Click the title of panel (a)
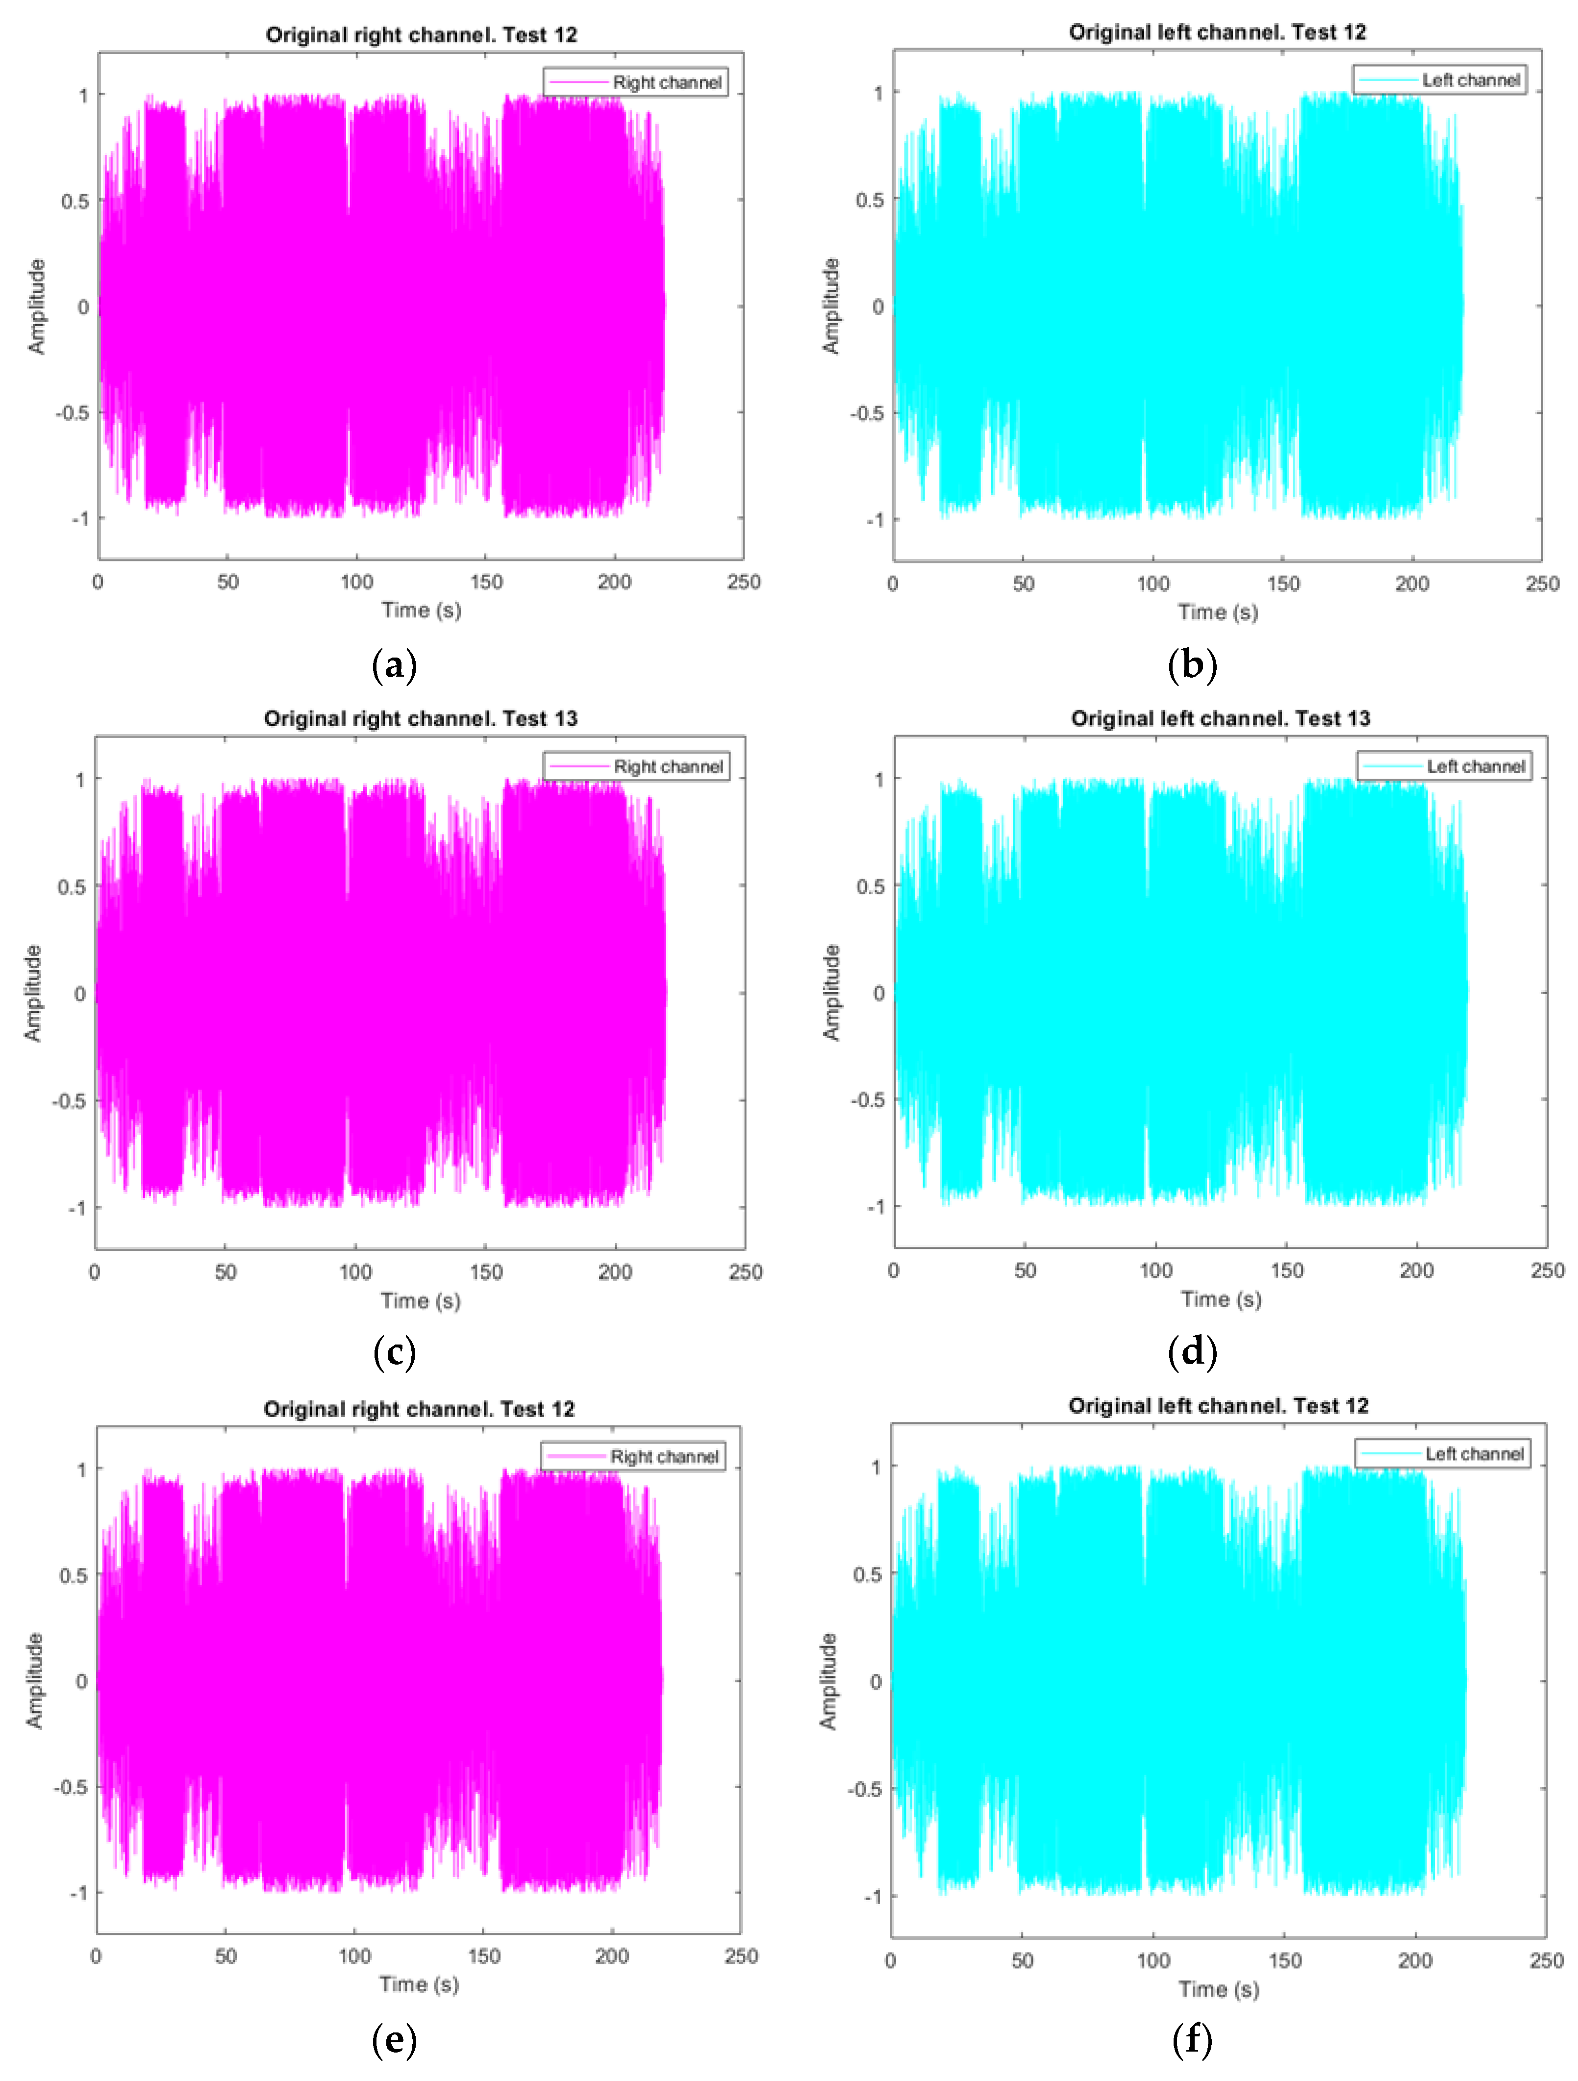click(421, 35)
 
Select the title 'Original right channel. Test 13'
click(421, 719)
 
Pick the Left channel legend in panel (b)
click(1439, 80)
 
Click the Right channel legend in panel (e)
click(633, 1456)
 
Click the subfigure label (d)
click(1192, 1352)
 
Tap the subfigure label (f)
click(1192, 2040)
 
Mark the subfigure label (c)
click(394, 1352)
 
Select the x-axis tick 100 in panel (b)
click(1153, 584)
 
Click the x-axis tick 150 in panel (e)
click(483, 1956)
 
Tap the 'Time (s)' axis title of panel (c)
click(421, 1300)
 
